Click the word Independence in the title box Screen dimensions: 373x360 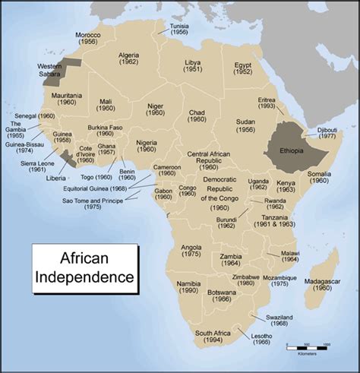coord(84,273)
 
